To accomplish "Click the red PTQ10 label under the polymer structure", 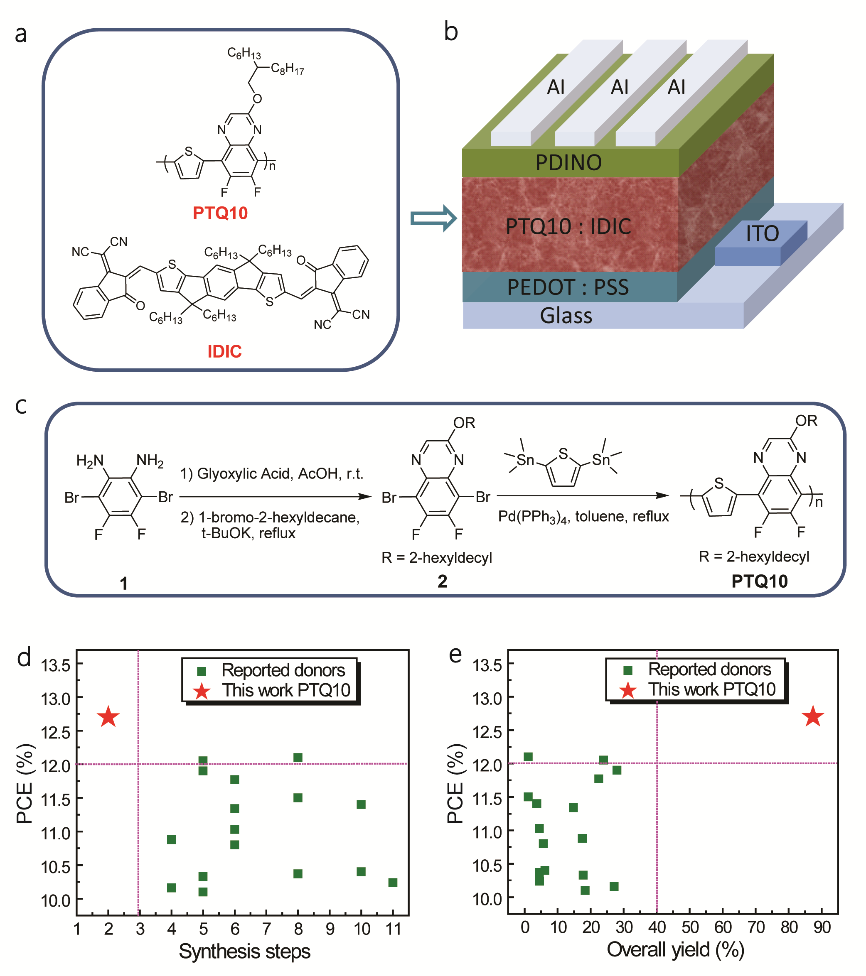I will click(220, 213).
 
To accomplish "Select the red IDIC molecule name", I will click(224, 351).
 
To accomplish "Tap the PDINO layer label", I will click(568, 163).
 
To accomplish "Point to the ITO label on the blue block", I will click(763, 233).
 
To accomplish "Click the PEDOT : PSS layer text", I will click(568, 287).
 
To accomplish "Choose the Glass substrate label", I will click(566, 316).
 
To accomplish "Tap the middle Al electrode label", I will click(620, 87).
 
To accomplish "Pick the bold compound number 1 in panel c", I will click(124, 584).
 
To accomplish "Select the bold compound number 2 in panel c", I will click(442, 581).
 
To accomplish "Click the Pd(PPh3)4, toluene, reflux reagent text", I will click(583, 517).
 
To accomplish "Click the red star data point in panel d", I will click(108, 717).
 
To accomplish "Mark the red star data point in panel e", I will click(812, 717).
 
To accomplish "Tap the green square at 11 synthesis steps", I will click(393, 883).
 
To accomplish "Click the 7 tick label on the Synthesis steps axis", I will click(266, 929).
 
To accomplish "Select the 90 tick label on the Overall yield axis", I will click(822, 927).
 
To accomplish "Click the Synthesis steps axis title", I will click(245, 951).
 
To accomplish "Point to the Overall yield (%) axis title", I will click(675, 950).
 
